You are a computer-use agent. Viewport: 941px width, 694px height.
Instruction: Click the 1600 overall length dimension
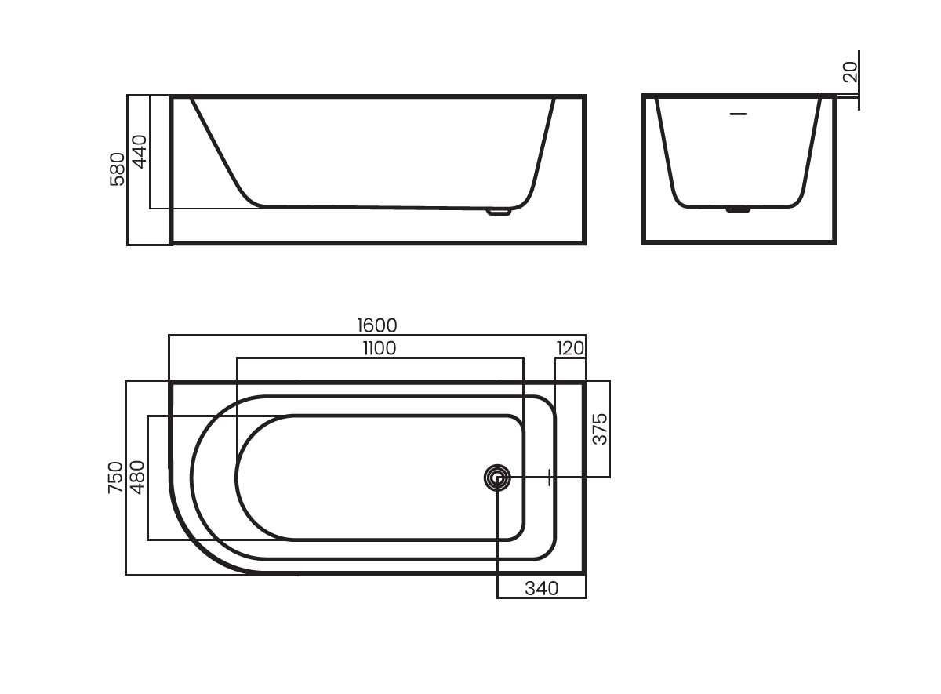(377, 325)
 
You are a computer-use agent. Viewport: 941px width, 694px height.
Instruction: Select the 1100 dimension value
(380, 348)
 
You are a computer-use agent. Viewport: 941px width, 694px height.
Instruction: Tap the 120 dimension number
(570, 348)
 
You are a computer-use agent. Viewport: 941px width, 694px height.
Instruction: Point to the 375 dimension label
(599, 429)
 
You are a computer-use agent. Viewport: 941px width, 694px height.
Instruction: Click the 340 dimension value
(542, 589)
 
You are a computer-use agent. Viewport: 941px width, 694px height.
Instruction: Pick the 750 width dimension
(115, 478)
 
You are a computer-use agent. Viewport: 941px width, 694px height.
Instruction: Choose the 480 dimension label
(138, 478)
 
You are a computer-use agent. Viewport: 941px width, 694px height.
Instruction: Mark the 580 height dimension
(117, 169)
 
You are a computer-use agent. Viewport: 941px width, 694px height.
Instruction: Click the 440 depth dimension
(140, 151)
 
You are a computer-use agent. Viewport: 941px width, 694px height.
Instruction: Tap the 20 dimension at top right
(850, 72)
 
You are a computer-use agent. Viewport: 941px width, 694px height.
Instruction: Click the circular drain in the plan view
(497, 478)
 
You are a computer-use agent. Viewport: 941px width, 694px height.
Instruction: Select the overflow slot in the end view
(738, 114)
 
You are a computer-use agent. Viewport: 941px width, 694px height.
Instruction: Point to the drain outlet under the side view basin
(499, 213)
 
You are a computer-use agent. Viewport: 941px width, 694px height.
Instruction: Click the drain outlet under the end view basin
(738, 209)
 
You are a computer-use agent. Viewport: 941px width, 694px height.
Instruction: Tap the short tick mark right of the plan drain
(549, 478)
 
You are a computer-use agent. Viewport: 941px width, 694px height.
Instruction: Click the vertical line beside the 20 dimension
(859, 80)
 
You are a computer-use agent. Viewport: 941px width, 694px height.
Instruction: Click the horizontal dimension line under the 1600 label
(377, 336)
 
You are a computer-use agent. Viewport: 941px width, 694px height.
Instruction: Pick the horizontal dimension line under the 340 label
(542, 598)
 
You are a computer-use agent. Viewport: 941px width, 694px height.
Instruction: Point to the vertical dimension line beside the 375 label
(610, 429)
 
